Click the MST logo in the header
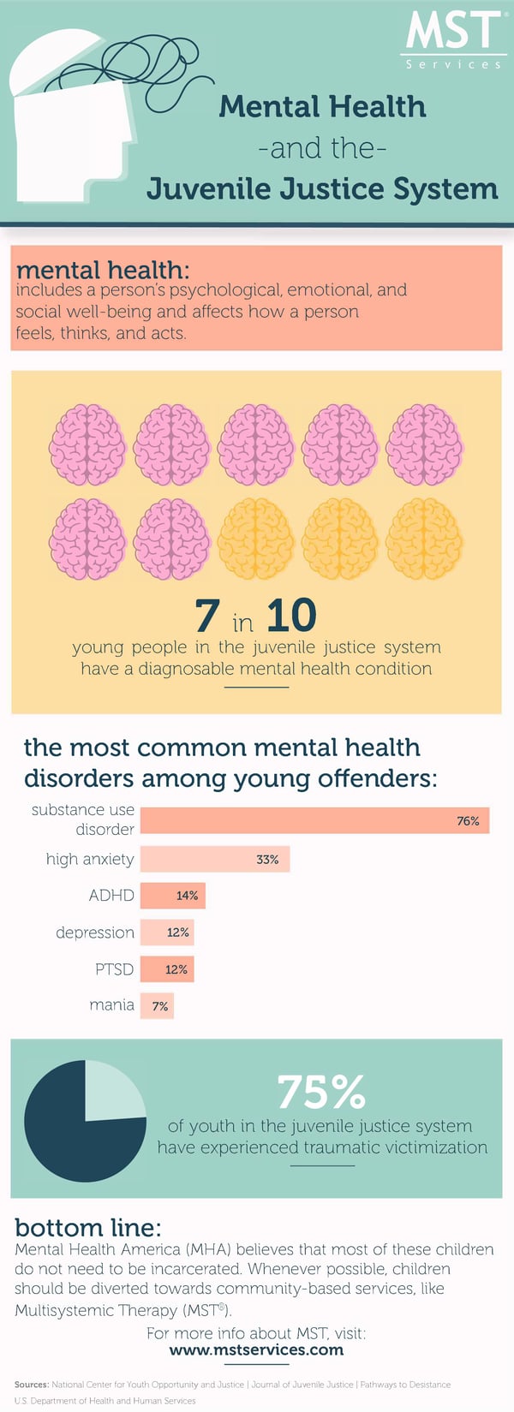click(x=453, y=38)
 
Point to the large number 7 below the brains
click(x=206, y=616)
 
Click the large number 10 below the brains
click(x=291, y=616)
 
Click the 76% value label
click(x=468, y=821)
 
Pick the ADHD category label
click(x=111, y=896)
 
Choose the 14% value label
click(x=187, y=896)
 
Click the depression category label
click(x=95, y=932)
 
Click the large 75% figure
click(x=321, y=1093)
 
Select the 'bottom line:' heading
click(x=87, y=1227)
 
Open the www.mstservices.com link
click(x=256, y=1350)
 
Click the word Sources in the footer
click(x=31, y=1385)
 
